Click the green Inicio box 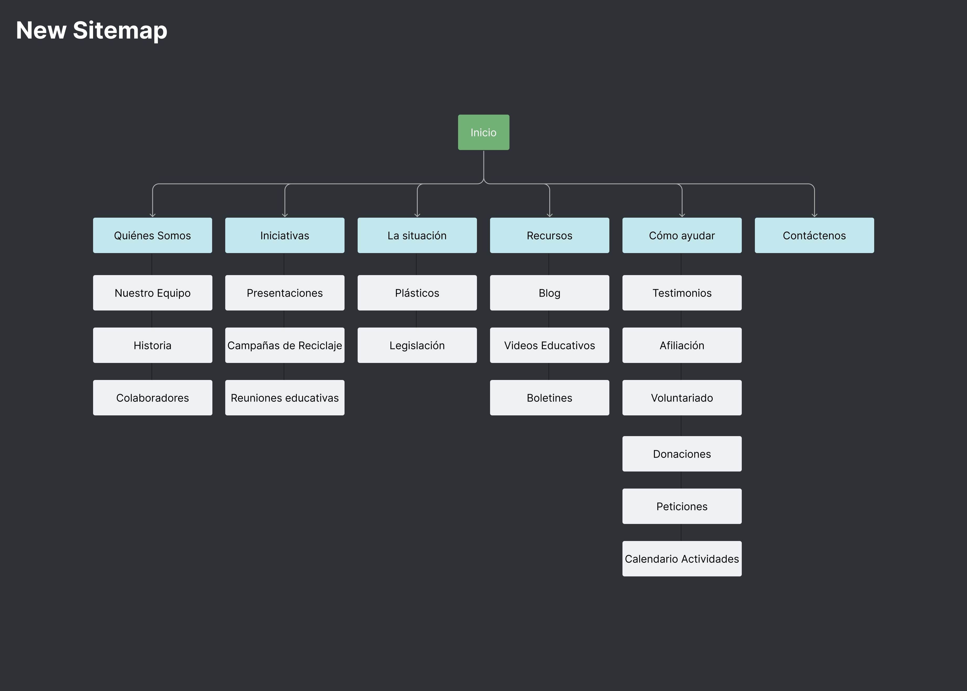point(483,132)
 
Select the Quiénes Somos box point(152,235)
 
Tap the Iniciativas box point(284,235)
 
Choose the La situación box point(417,235)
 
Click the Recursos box point(549,235)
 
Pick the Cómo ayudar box point(681,235)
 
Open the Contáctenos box point(814,235)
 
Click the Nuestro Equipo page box point(152,293)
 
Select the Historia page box point(152,345)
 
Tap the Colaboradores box point(152,397)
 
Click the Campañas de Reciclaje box point(284,345)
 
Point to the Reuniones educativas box point(284,397)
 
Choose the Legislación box point(417,345)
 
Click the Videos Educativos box point(549,345)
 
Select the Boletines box point(549,397)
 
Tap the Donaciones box point(681,454)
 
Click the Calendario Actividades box point(681,558)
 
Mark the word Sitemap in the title point(120,31)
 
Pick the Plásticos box point(417,293)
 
